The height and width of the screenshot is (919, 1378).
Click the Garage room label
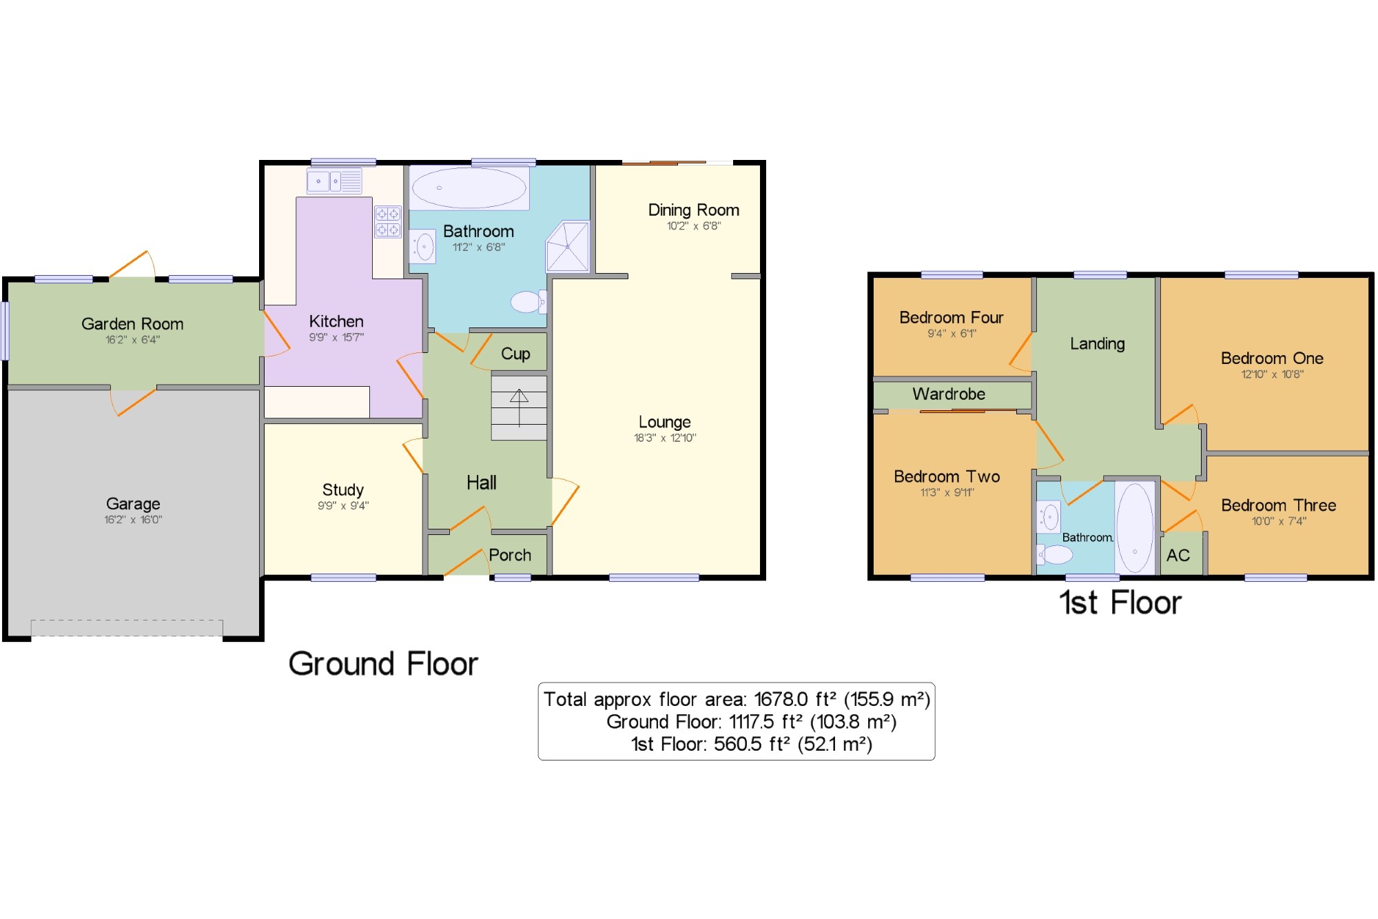tap(133, 503)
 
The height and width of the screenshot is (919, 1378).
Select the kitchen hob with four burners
tap(388, 222)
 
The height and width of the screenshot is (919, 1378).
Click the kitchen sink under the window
tap(334, 181)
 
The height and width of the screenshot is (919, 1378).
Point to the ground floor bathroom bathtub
tap(469, 188)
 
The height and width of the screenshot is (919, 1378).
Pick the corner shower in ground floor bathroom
tap(568, 246)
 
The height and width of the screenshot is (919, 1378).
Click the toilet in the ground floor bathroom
tap(528, 302)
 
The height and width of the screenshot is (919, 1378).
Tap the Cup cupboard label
tap(515, 354)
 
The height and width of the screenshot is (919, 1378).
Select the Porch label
tap(510, 555)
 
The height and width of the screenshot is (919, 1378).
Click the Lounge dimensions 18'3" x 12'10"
tap(665, 438)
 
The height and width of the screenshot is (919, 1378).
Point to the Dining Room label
tap(694, 210)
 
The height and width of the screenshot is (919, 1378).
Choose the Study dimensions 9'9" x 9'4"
tap(343, 505)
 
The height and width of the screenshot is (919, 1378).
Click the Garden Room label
tap(132, 323)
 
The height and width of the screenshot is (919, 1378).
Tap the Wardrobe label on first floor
tap(949, 394)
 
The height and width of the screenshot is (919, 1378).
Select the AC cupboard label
tap(1178, 555)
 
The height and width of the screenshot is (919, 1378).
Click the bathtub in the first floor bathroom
tap(1135, 528)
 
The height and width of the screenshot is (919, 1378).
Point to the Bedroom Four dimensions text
tap(952, 334)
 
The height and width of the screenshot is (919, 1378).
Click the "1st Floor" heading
tap(1120, 603)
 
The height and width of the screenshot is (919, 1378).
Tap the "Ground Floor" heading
tap(383, 663)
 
